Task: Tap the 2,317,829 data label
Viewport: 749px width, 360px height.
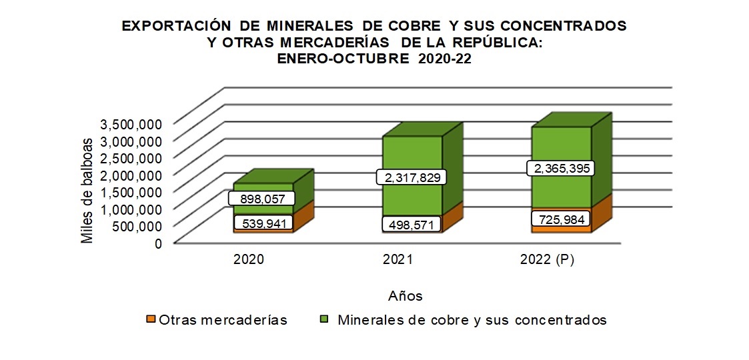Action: (x=412, y=177)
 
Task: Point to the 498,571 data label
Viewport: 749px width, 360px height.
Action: (x=412, y=225)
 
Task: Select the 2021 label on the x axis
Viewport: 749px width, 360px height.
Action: (x=398, y=261)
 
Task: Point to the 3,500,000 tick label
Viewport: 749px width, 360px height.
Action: (x=131, y=124)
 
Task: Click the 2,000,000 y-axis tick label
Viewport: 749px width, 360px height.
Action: (x=131, y=175)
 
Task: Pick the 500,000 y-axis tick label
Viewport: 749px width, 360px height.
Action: (x=135, y=226)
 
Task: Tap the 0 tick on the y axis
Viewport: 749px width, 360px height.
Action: (x=158, y=243)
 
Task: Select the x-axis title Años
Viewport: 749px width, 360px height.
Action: (x=405, y=295)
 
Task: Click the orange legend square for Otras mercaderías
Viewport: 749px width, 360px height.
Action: (x=151, y=320)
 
